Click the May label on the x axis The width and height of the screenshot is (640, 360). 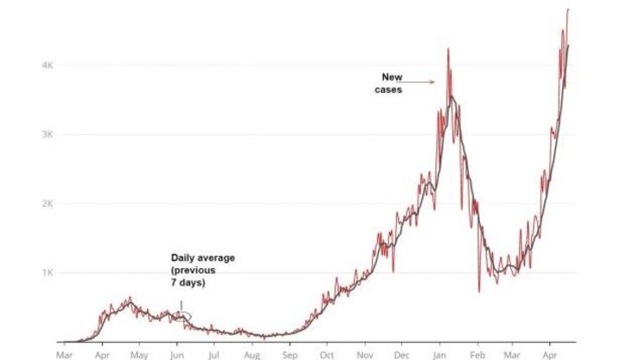[x=139, y=354]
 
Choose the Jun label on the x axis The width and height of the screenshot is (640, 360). [x=176, y=354]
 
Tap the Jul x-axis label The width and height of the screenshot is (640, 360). [x=214, y=354]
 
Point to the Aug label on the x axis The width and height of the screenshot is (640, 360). [x=252, y=354]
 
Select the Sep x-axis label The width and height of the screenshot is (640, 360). [x=290, y=354]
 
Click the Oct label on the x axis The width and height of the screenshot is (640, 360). [x=327, y=354]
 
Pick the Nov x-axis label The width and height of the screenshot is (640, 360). [x=365, y=354]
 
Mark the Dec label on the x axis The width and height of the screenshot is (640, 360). [x=402, y=354]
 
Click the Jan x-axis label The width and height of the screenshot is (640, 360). [x=440, y=354]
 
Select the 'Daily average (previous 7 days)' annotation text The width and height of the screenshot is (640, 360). [x=202, y=270]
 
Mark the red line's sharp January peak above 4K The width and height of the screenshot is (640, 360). [x=448, y=50]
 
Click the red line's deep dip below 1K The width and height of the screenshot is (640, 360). [x=478, y=290]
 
